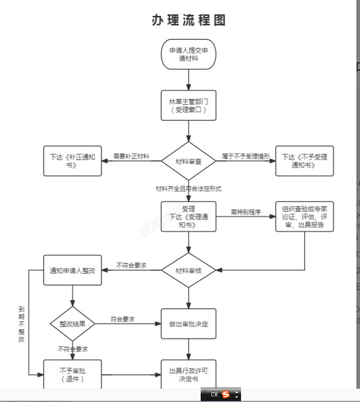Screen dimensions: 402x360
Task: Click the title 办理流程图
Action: tap(188, 20)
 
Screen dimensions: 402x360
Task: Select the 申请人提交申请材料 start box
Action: tap(188, 54)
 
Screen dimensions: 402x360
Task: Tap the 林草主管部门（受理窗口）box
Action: tap(188, 105)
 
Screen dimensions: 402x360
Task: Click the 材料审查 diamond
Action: tap(188, 161)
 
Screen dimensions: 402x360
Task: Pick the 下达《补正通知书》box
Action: tap(73, 161)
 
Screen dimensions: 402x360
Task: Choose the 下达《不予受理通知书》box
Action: tap(304, 161)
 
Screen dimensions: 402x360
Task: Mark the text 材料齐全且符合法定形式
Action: tap(188, 189)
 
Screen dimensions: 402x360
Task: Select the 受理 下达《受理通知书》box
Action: tap(188, 217)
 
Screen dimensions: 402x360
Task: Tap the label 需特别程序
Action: tap(245, 212)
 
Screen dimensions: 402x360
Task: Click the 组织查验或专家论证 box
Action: tap(304, 217)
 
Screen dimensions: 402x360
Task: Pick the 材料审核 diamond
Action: tap(188, 271)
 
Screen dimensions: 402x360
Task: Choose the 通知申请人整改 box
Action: tap(73, 270)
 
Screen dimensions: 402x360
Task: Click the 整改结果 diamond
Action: tap(73, 324)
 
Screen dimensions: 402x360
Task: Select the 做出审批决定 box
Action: tap(188, 324)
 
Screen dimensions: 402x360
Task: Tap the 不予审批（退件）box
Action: tap(73, 374)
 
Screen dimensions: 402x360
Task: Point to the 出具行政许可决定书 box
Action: tap(188, 374)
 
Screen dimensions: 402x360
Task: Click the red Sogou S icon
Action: tap(226, 395)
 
